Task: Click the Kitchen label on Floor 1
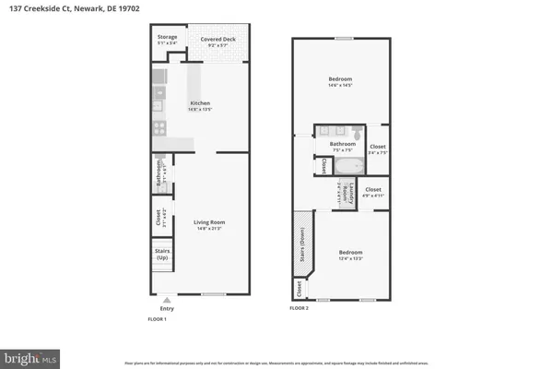coord(200,102)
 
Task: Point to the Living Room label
coord(209,222)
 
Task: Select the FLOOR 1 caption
coord(158,318)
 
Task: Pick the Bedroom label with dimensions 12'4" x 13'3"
coord(350,252)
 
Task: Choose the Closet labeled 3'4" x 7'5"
coord(377,147)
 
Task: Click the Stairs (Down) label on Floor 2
coord(301,244)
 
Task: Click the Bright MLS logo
coord(32,355)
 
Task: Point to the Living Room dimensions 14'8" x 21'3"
coord(209,228)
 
